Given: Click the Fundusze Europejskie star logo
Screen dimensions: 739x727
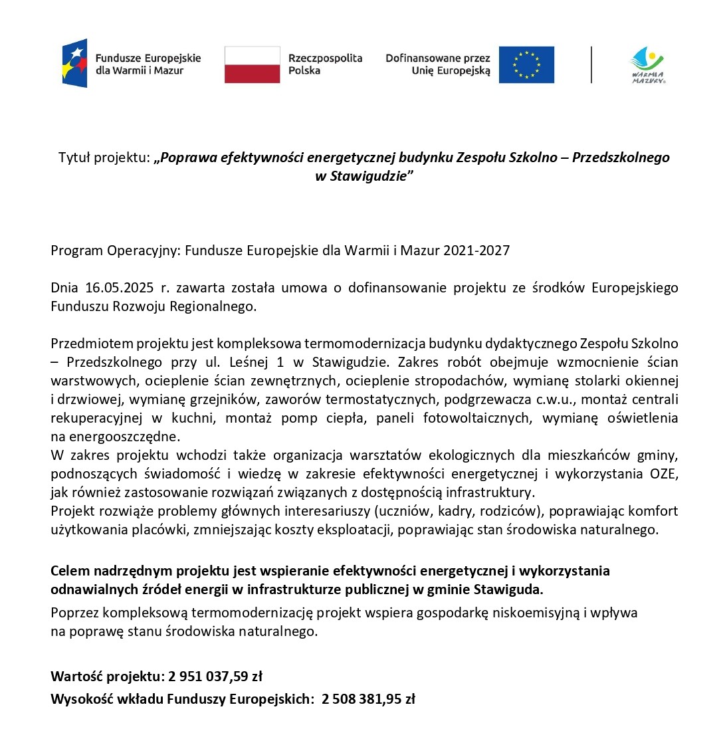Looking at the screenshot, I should [74, 64].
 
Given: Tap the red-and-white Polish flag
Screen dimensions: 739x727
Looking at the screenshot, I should [252, 64].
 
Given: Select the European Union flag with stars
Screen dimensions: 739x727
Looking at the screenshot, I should [526, 64].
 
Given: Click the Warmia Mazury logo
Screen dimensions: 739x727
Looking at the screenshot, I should [647, 65].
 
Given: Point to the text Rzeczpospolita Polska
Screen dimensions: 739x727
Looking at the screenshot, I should [325, 64].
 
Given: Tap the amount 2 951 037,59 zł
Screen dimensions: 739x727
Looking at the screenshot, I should [215, 677].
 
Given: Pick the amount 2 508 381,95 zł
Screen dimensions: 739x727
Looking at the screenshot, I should [368, 699].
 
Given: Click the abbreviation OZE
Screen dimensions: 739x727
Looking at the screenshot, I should [663, 474].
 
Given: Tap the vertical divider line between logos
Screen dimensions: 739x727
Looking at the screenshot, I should [591, 64].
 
